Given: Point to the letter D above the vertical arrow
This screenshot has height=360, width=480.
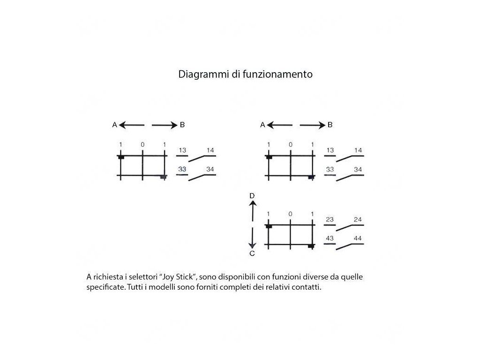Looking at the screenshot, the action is [x=252, y=195].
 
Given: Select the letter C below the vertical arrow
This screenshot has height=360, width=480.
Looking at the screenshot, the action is [x=252, y=254].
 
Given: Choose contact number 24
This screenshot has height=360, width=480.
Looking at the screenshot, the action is [x=358, y=219].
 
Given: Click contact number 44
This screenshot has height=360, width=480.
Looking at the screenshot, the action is [x=358, y=239].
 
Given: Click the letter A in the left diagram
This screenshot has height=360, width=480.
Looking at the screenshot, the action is [x=114, y=125].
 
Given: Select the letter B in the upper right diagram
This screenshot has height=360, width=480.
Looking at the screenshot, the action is [x=330, y=125].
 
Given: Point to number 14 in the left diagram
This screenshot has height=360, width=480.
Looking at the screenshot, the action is [x=210, y=150].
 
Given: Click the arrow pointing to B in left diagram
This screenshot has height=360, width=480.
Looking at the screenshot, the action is [x=164, y=125].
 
